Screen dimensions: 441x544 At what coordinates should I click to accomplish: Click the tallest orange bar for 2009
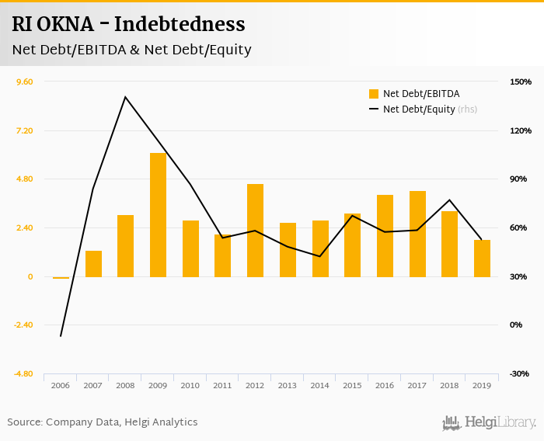point(158,214)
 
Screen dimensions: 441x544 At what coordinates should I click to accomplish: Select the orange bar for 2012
point(255,230)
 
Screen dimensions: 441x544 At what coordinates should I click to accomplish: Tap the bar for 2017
point(417,234)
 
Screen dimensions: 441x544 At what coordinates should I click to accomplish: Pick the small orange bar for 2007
point(93,263)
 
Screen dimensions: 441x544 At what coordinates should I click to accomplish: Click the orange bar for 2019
point(482,258)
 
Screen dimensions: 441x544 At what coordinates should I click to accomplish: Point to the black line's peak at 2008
point(125,97)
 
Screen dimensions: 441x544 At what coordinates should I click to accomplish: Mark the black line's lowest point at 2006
point(61,336)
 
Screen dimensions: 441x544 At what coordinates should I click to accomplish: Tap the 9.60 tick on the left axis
point(24,82)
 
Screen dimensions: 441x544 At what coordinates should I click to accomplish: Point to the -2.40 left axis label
point(23,325)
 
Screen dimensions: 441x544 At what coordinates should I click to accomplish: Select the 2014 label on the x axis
point(319,386)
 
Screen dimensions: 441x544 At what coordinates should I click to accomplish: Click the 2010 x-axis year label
point(190,386)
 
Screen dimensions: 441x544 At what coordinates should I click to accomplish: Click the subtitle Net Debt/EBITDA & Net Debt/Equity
point(131,50)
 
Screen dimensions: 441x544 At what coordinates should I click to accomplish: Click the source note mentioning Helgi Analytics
point(103,422)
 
